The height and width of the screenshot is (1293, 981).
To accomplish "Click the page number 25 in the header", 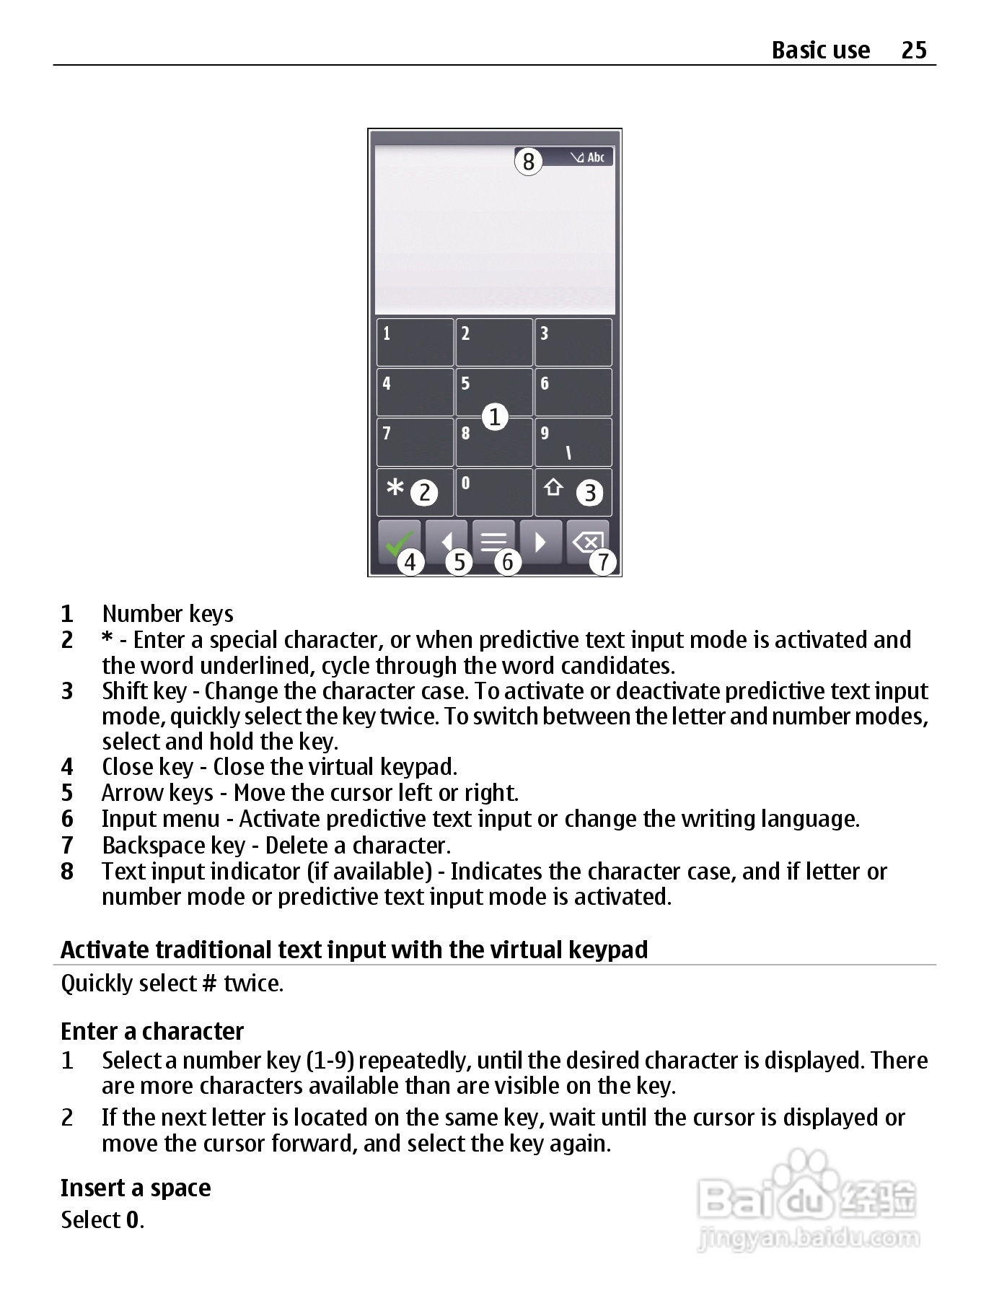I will point(913,50).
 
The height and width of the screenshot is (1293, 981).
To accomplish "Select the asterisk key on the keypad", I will point(395,489).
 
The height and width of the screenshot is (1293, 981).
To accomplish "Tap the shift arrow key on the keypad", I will point(553,488).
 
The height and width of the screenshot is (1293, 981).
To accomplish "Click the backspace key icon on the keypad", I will point(588,541).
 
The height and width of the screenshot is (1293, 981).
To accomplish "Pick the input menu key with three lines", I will point(493,541).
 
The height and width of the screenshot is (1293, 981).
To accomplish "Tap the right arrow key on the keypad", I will point(540,541).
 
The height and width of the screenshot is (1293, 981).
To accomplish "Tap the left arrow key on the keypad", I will point(447,541).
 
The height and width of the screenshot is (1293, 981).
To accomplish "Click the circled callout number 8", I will point(528,162).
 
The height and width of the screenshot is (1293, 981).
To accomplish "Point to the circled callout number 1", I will point(495,417).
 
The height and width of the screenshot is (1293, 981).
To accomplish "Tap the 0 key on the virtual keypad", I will point(494,493).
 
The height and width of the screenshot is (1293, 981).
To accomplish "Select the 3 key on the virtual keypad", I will point(573,342).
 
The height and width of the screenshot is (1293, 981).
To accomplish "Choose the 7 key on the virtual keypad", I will point(415,442).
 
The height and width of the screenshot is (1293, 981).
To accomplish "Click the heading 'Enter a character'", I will point(152,1031).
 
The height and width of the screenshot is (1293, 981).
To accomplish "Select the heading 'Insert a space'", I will point(136,1188).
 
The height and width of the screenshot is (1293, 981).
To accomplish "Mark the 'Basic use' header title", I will point(820,50).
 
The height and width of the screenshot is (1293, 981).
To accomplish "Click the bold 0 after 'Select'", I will point(133,1220).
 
